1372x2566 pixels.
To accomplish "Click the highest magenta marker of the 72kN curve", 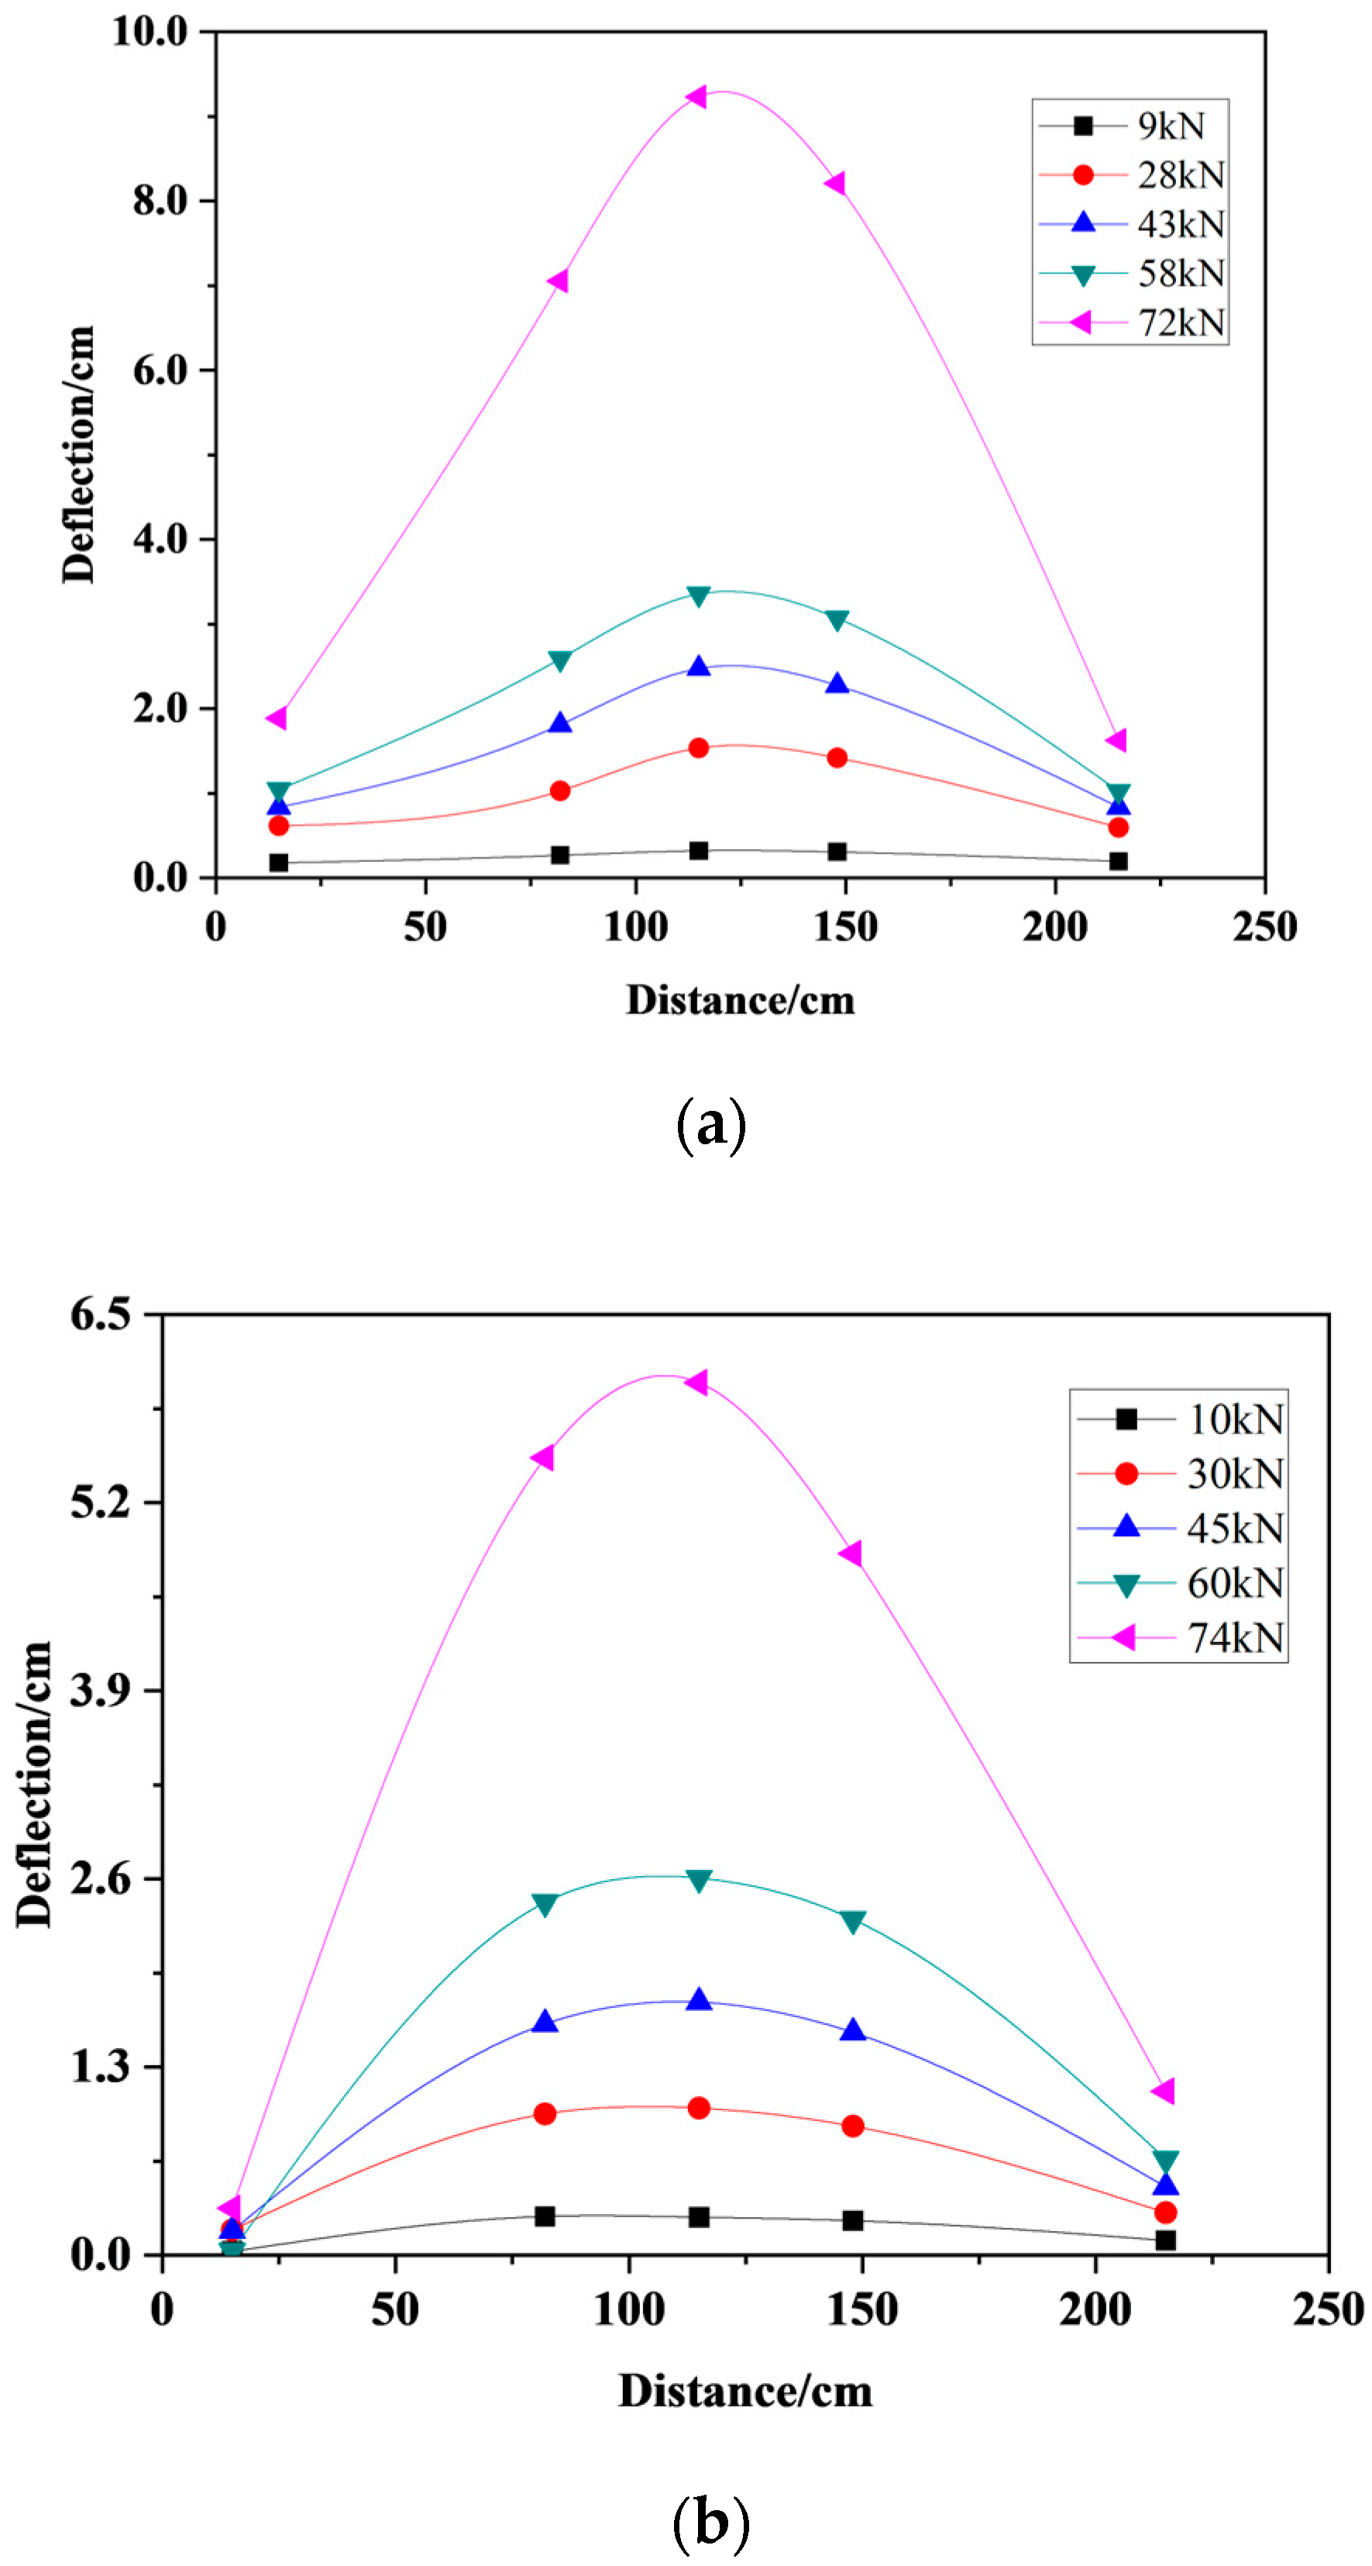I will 696,97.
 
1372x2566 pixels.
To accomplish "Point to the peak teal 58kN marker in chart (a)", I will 698,595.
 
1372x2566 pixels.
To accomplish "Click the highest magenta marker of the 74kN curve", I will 697,1381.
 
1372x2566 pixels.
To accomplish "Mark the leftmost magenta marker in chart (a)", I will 277,717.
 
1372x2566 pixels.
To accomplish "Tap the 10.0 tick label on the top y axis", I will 150,31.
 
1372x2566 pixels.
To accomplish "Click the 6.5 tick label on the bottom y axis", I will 101,1314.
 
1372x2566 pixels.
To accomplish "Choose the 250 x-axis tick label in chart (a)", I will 1264,926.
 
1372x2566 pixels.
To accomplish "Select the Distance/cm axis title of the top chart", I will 740,1000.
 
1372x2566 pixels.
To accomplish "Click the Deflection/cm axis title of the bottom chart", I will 34,1783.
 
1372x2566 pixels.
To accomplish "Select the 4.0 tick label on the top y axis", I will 160,539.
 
